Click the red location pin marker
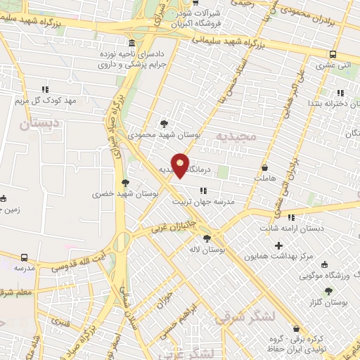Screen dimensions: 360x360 (181, 165)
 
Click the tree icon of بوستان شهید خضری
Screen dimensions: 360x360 (126, 182)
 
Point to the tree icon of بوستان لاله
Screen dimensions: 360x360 (206, 239)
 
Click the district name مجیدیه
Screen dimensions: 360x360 (233, 135)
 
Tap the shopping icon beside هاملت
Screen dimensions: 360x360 (264, 168)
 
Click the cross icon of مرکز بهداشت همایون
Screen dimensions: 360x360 (279, 245)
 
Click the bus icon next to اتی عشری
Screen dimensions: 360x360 (333, 54)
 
